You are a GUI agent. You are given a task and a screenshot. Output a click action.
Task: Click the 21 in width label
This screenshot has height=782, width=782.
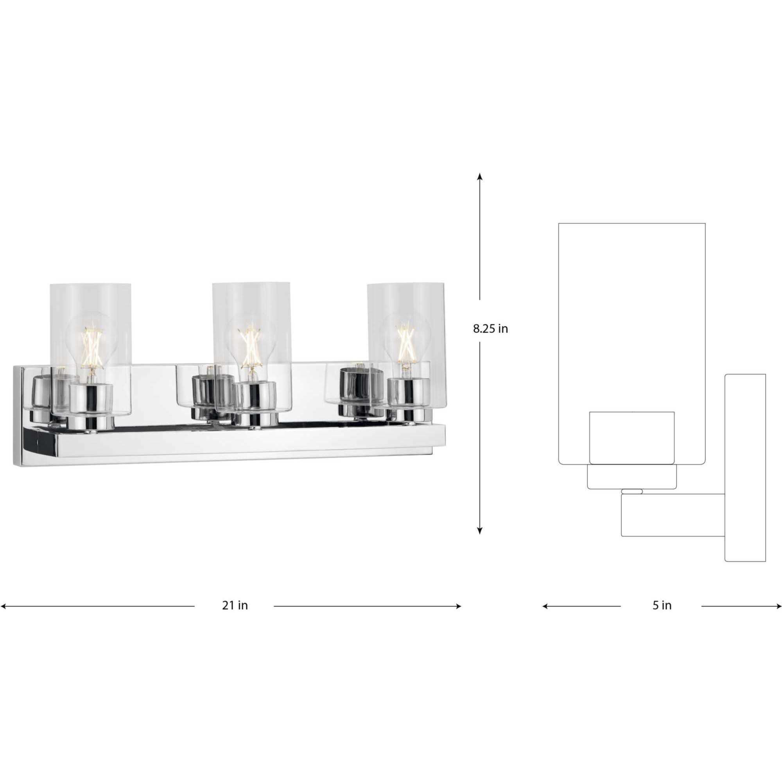click(235, 606)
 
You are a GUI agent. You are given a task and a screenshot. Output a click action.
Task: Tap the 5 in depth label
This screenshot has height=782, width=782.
click(662, 606)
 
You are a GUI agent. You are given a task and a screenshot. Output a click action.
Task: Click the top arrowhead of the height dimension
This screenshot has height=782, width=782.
click(480, 176)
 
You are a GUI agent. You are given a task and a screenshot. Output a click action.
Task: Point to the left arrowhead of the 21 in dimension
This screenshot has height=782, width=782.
click(3, 606)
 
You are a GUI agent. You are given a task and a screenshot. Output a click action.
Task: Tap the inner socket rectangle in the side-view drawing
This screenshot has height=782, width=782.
click(631, 438)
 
